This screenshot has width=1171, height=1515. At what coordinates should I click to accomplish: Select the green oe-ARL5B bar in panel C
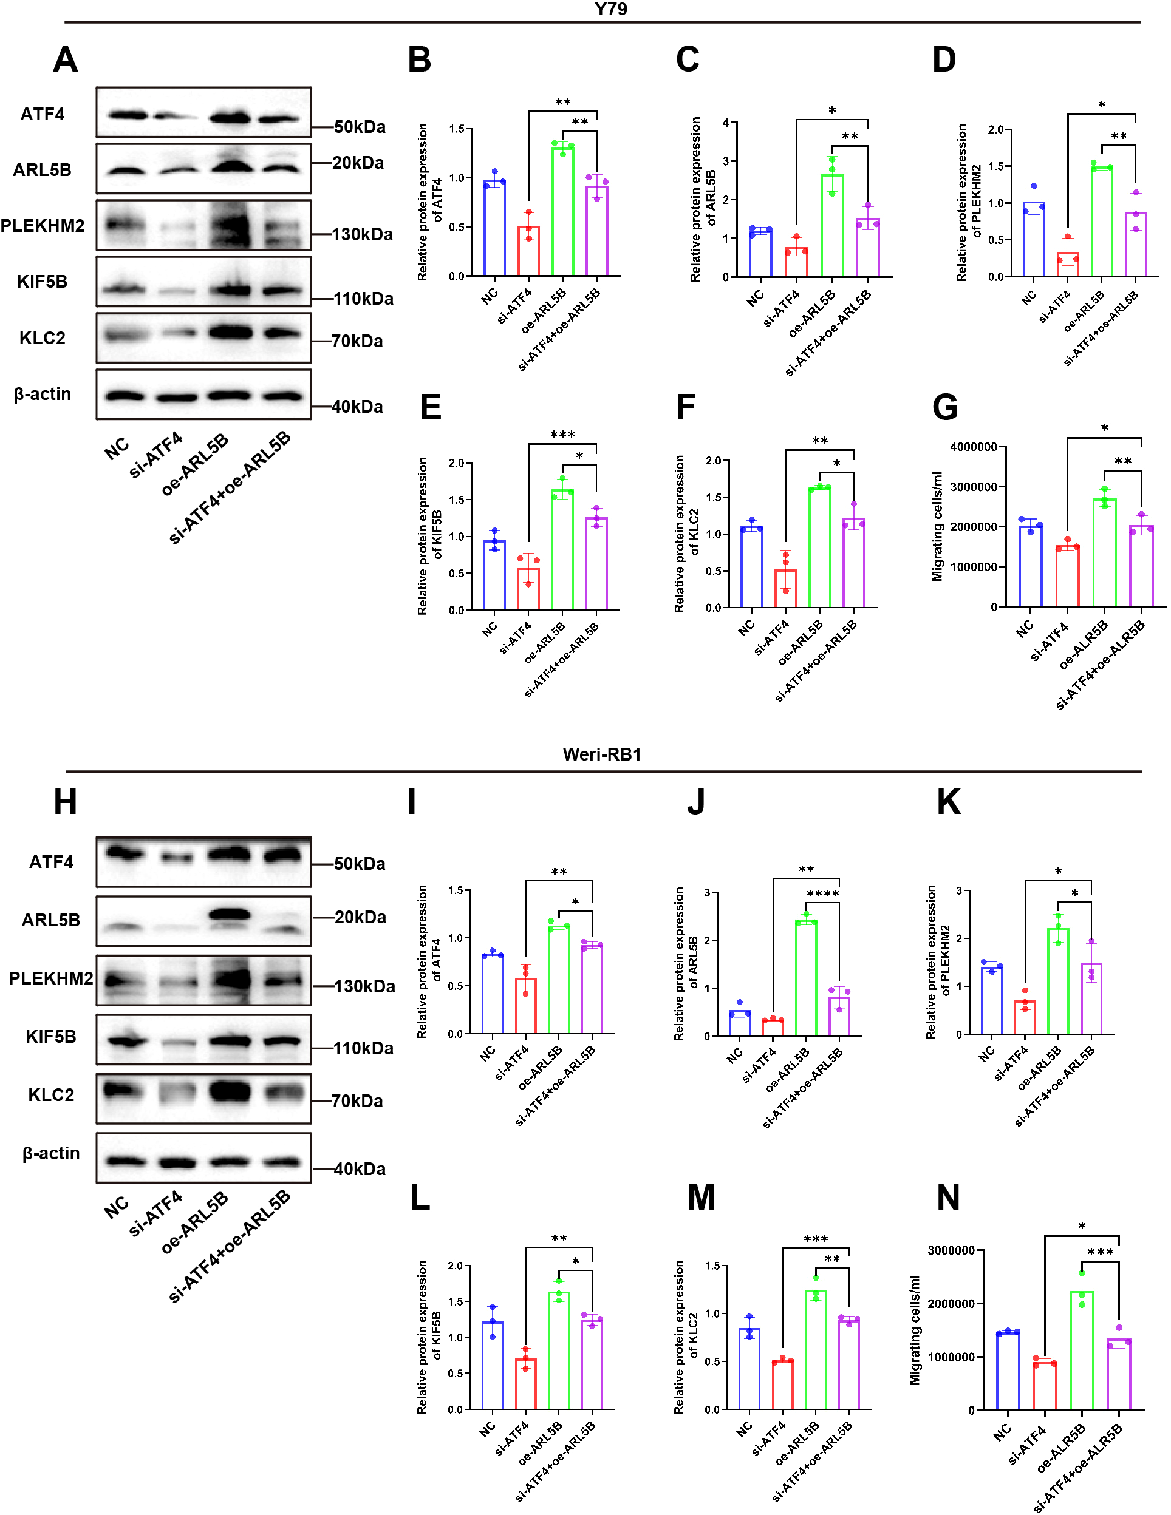pos(831,225)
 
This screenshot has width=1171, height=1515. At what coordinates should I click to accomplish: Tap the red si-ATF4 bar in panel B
pos(528,251)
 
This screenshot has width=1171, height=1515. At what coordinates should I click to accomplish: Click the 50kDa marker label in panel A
pos(360,127)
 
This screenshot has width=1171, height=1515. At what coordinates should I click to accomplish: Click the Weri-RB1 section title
pos(601,754)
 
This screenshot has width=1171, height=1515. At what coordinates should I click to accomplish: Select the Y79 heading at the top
pos(611,9)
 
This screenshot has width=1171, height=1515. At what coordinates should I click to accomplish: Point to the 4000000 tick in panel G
pos(973,447)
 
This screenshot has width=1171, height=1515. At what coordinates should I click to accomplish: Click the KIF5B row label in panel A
pos(43,282)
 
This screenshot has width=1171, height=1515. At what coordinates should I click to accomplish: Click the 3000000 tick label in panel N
pos(951,1251)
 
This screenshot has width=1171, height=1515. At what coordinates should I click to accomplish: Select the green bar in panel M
pos(816,1349)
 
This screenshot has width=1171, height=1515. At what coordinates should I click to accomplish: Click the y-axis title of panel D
pos(968,203)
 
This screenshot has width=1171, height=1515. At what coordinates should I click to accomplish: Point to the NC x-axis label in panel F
pos(746,627)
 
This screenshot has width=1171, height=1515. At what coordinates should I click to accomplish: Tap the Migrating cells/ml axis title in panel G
pos(937,526)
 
